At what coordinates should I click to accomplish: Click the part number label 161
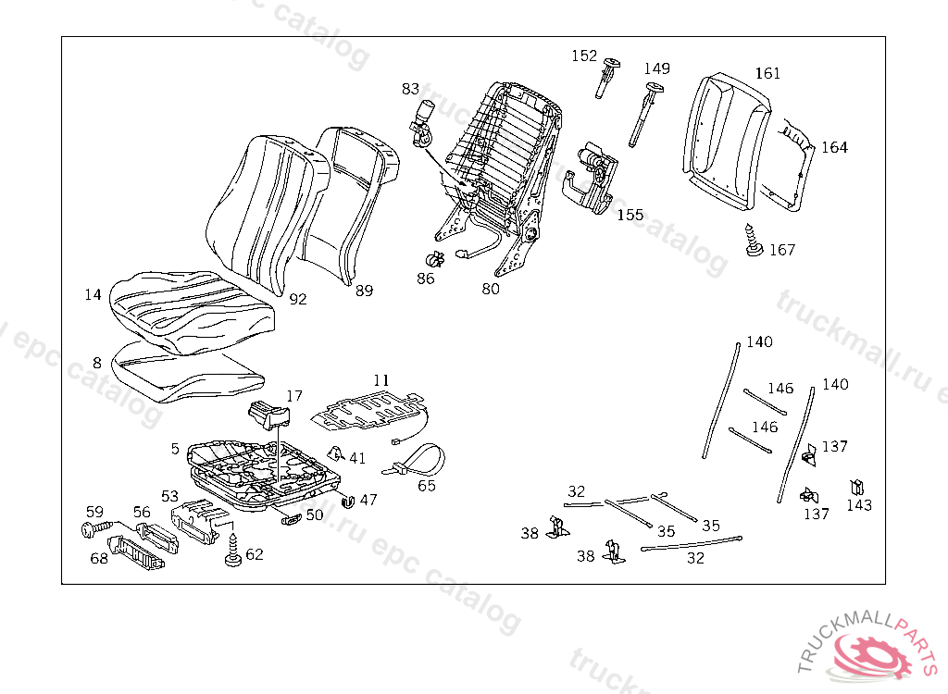point(767,74)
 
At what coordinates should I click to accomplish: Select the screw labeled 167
point(753,243)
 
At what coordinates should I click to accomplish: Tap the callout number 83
point(410,89)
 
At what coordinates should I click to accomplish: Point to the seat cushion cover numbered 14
point(190,305)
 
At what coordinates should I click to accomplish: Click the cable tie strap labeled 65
point(418,459)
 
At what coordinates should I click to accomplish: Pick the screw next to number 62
point(231,553)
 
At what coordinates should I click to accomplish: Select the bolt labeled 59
point(89,529)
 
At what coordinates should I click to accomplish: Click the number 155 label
point(630,215)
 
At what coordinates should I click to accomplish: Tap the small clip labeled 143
point(856,487)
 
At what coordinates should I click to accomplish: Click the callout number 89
point(364,291)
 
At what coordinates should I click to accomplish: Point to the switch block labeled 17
point(268,415)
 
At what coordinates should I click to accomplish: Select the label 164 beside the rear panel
point(834,147)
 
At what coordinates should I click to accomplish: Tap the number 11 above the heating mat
point(381,380)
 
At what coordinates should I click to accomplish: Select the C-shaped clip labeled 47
point(348,502)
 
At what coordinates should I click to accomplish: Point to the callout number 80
point(491,289)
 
